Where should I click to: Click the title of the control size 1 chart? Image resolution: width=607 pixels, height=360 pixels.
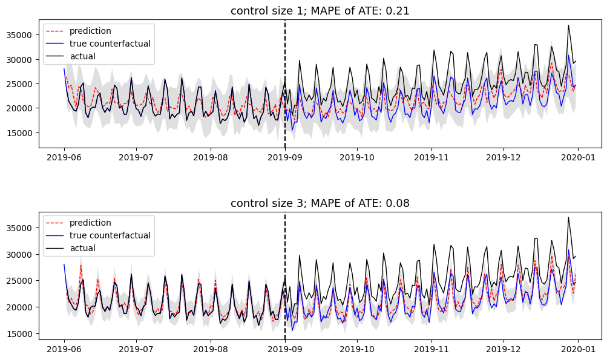pyautogui.click(x=320, y=10)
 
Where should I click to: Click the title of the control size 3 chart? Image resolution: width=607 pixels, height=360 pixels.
pyautogui.click(x=320, y=203)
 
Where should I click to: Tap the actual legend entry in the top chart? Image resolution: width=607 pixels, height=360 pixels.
pyautogui.click(x=82, y=56)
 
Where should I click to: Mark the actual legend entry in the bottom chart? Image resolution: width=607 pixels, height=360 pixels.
pyautogui.click(x=82, y=248)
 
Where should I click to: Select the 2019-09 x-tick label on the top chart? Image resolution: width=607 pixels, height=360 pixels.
pyautogui.click(x=285, y=157)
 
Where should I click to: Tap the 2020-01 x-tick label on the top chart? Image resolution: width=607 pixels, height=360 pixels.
pyautogui.click(x=578, y=157)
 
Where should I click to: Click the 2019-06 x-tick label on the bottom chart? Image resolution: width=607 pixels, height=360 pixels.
pyautogui.click(x=64, y=349)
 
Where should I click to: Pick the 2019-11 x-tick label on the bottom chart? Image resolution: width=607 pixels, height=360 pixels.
pyautogui.click(x=431, y=349)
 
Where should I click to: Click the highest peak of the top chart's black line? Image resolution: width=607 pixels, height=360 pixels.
pyautogui.click(x=568, y=25)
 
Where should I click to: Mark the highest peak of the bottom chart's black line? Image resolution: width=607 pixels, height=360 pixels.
pyautogui.click(x=568, y=218)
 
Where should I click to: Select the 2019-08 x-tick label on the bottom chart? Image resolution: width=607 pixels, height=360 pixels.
pyautogui.click(x=211, y=349)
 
